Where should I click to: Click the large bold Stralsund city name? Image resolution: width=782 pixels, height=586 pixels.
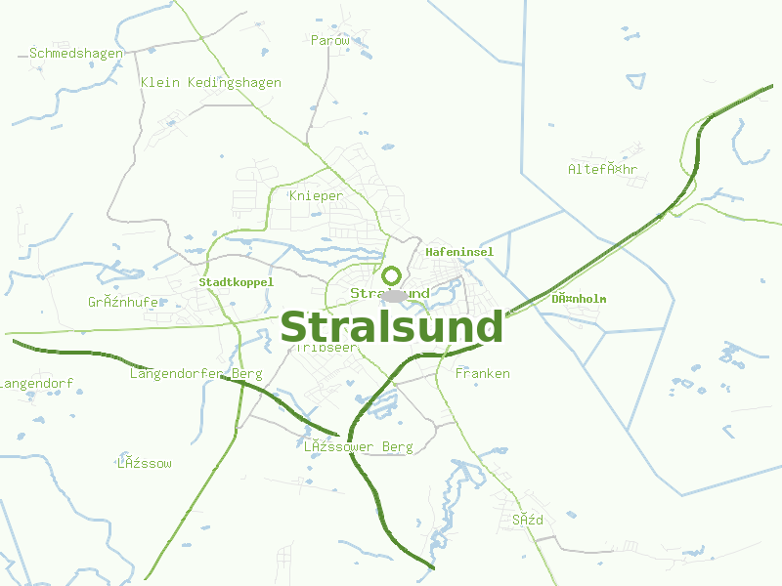click(x=391, y=327)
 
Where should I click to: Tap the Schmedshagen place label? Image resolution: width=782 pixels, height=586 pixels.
click(x=76, y=53)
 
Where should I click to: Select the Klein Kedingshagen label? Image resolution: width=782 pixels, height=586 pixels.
click(x=211, y=83)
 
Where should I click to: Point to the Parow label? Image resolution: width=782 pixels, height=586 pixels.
click(x=329, y=41)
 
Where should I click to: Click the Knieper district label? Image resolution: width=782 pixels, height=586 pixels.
click(x=317, y=196)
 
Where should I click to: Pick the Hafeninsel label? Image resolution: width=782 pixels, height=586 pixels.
click(x=459, y=252)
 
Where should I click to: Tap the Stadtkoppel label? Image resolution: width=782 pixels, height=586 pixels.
click(x=237, y=282)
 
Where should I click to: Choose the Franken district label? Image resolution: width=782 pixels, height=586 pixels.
click(x=483, y=374)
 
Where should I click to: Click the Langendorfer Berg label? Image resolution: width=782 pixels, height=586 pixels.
click(x=196, y=374)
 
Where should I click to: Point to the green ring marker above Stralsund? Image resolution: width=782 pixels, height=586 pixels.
click(x=392, y=275)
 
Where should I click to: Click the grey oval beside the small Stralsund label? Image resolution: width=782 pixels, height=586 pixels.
click(x=395, y=295)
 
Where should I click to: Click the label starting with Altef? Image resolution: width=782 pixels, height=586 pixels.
click(x=602, y=170)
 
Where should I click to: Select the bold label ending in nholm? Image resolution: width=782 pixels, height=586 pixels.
click(x=579, y=299)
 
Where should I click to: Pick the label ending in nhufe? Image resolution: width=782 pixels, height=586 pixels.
click(x=123, y=303)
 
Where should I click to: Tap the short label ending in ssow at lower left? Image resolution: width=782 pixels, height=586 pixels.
click(x=145, y=464)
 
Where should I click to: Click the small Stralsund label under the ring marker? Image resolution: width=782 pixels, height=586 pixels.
click(x=390, y=294)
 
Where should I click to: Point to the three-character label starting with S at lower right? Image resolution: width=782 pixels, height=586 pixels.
click(x=528, y=521)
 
